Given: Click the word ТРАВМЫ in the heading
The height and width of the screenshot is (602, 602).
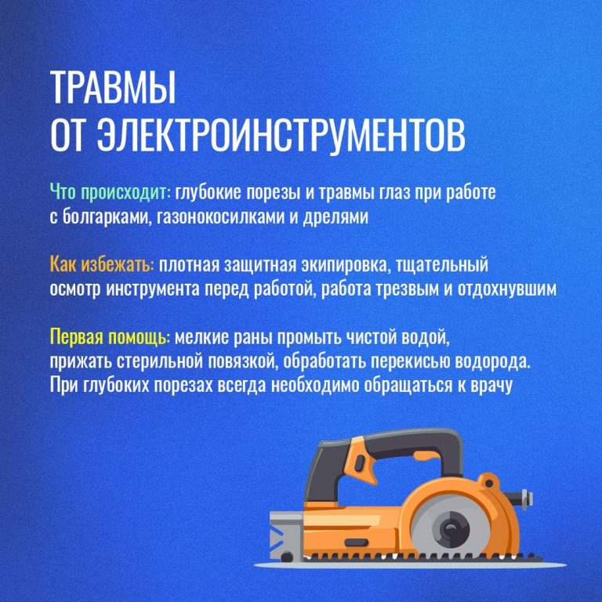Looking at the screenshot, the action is point(113,87).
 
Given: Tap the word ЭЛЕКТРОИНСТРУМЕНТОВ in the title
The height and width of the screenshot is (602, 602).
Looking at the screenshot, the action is point(281,135).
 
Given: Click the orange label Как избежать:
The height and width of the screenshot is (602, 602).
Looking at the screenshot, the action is point(103,265).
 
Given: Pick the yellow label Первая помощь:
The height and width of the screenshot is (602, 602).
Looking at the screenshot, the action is point(111,338).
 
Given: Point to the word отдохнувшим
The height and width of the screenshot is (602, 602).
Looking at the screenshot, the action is point(507,290).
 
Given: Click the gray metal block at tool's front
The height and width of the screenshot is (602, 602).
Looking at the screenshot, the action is point(284,535).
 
